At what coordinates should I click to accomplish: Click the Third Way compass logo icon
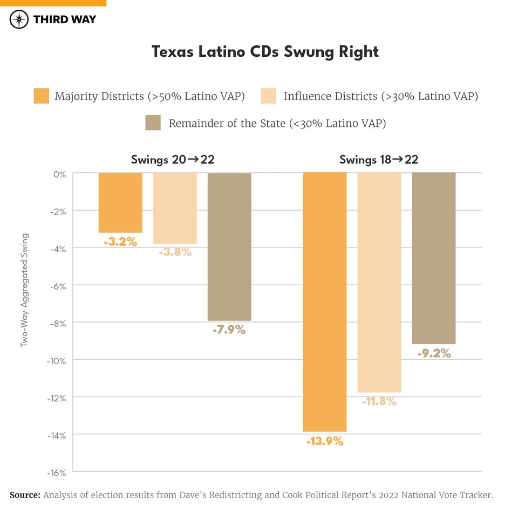19,19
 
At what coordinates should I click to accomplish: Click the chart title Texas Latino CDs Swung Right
265,51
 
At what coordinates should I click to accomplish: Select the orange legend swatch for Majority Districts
41,96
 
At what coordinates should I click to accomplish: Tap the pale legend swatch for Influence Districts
268,96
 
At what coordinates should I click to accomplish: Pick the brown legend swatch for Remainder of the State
153,123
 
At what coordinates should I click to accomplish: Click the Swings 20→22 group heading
173,159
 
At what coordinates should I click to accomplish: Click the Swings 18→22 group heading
379,159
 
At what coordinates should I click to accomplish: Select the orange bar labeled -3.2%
120,203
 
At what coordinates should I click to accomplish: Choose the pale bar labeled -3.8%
175,208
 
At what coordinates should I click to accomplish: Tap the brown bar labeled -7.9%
229,247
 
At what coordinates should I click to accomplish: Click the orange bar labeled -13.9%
325,302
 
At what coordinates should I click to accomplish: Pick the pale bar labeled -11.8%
379,283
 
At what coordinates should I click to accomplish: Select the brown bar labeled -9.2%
434,258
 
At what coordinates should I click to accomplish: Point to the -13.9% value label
325,441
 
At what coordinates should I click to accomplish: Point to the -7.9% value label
229,329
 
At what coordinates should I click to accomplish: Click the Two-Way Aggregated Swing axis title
24,290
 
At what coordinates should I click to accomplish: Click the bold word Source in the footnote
25,495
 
